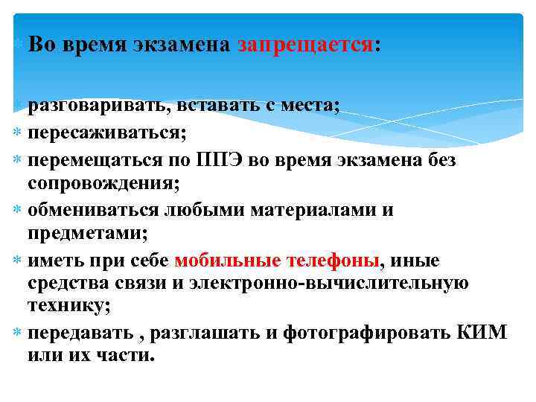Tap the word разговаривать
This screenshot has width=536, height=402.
click(98, 106)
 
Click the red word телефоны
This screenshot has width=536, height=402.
click(331, 260)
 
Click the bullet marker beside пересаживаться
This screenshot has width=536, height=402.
click(18, 133)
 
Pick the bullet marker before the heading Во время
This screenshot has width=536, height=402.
click(18, 45)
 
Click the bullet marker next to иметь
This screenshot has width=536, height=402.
click(18, 260)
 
